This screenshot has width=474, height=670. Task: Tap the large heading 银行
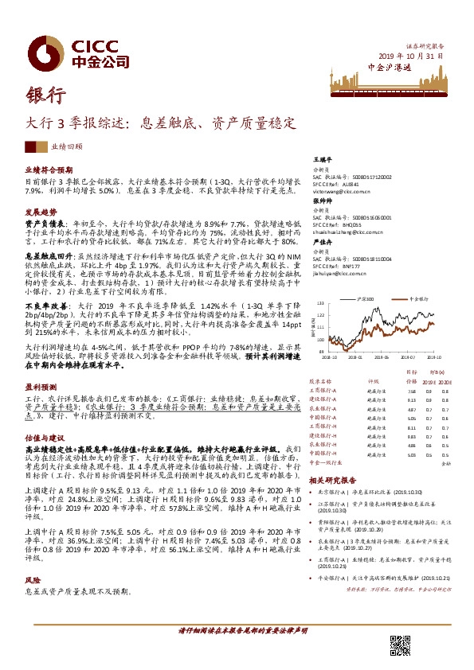pyautogui.click(x=45, y=95)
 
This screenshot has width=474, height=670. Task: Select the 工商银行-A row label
pyautogui.click(x=323, y=391)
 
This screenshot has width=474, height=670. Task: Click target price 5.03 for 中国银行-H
pyautogui.click(x=411, y=454)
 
